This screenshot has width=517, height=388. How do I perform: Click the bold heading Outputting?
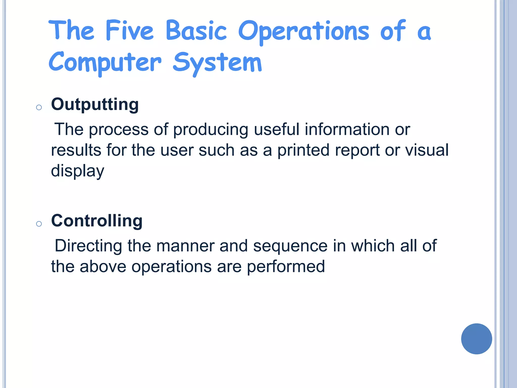coord(95,104)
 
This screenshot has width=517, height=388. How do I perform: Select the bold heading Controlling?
coord(97,221)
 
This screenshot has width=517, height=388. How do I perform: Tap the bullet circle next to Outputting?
coord(39,108)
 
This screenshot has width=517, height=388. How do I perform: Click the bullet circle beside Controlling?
coord(39,224)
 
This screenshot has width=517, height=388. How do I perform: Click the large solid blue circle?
coord(476,339)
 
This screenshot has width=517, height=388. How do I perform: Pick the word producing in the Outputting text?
coord(211,130)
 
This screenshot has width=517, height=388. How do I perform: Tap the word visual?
coord(427,150)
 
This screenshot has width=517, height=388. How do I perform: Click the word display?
coord(77,171)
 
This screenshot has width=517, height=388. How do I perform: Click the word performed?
coord(286,266)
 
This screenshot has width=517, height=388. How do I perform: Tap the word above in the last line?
coord(103,266)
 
